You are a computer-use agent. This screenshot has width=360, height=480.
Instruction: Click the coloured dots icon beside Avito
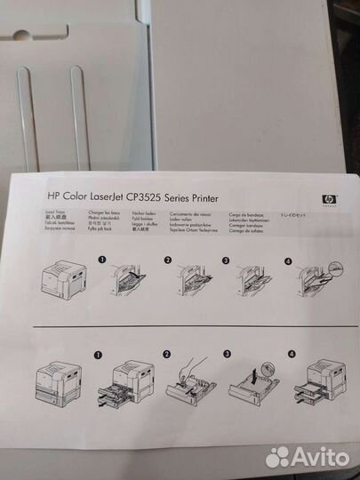click(279, 456)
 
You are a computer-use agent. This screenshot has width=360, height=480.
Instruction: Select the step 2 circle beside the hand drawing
click(164, 353)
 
